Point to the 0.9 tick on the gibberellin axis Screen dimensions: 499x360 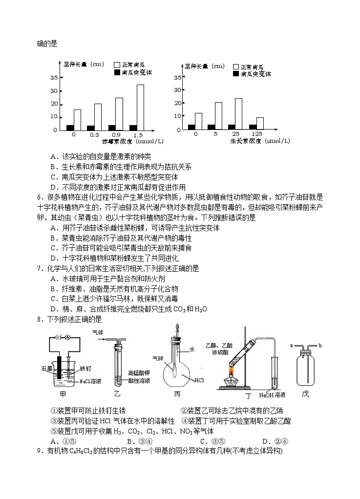pyautogui.click(x=116, y=135)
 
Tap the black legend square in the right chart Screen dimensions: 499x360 pyautogui.click(x=236, y=74)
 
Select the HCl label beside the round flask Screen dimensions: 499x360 pyautogui.click(x=199, y=380)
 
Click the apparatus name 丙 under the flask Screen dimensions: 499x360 pyautogui.click(x=176, y=393)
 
